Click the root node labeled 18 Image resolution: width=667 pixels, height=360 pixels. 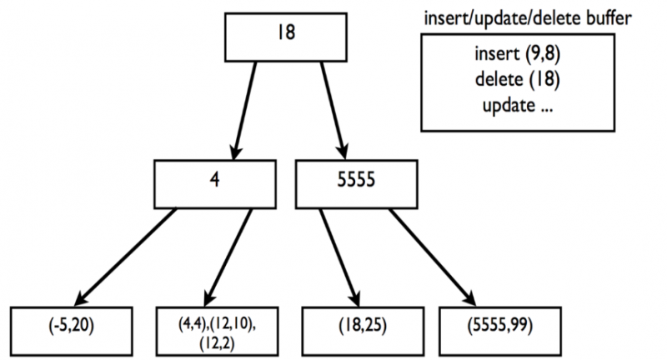(286, 37)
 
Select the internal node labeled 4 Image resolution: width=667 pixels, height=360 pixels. (215, 184)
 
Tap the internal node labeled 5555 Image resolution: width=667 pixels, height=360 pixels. (357, 184)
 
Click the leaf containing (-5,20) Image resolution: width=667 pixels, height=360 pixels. (72, 331)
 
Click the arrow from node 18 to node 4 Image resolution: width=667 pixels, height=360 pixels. (244, 111)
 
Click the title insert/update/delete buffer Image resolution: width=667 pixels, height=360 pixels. (528, 19)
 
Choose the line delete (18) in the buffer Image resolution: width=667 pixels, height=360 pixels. (517, 79)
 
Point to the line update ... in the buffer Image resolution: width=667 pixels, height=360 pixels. (517, 106)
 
